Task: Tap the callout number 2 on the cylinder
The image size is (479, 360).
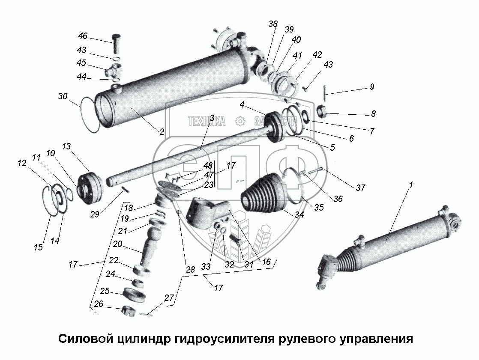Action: (x=162, y=132)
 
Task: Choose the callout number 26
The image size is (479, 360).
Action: (x=99, y=304)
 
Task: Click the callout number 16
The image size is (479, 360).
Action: (x=266, y=262)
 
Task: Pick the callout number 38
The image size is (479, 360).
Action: (x=273, y=24)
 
